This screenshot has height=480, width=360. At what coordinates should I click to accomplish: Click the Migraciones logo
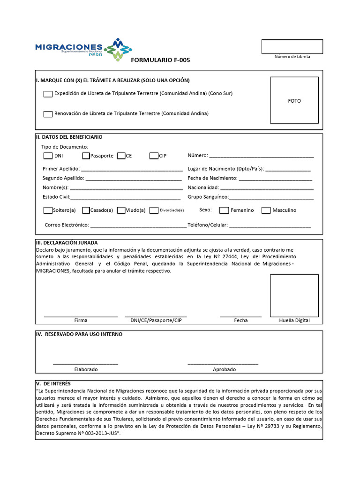(x=83, y=49)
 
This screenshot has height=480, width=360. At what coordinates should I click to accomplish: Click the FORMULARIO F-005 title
(x=160, y=60)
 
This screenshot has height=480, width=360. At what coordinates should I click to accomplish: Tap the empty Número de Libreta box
(x=292, y=46)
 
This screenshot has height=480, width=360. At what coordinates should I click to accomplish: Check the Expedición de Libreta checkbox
(x=48, y=94)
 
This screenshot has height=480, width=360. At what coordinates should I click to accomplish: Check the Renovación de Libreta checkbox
(x=48, y=114)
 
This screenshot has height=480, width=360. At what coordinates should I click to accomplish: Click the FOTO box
(x=294, y=100)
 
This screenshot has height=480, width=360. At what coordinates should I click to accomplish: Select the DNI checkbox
(x=48, y=156)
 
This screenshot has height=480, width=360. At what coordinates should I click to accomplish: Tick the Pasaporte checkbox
(x=86, y=156)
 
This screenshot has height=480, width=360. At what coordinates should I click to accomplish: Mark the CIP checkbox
(x=154, y=156)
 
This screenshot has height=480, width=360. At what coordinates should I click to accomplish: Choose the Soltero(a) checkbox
(x=48, y=210)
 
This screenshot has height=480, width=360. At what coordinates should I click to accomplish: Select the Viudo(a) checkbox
(x=121, y=210)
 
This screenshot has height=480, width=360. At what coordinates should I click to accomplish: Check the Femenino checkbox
(x=224, y=210)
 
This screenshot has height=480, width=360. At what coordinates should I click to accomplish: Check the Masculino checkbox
(x=266, y=210)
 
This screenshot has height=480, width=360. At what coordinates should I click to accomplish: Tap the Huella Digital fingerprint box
(x=294, y=295)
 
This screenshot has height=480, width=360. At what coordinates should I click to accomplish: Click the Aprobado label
(x=224, y=369)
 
